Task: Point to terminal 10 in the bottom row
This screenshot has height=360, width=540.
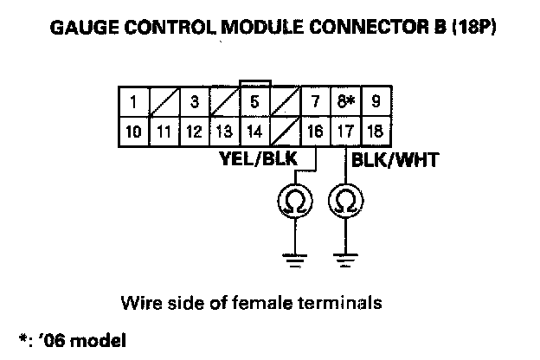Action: pos(133,132)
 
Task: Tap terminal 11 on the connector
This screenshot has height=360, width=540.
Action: pos(164,132)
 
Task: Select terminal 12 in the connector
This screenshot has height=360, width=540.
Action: pos(194,132)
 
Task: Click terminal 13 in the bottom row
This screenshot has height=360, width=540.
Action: pos(224,132)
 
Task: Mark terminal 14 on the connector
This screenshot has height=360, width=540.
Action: pos(254,132)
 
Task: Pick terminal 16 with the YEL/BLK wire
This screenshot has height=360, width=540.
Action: pos(315,132)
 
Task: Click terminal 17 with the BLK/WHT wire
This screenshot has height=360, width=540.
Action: pos(345,132)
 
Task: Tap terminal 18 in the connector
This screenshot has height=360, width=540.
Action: pos(375,132)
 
